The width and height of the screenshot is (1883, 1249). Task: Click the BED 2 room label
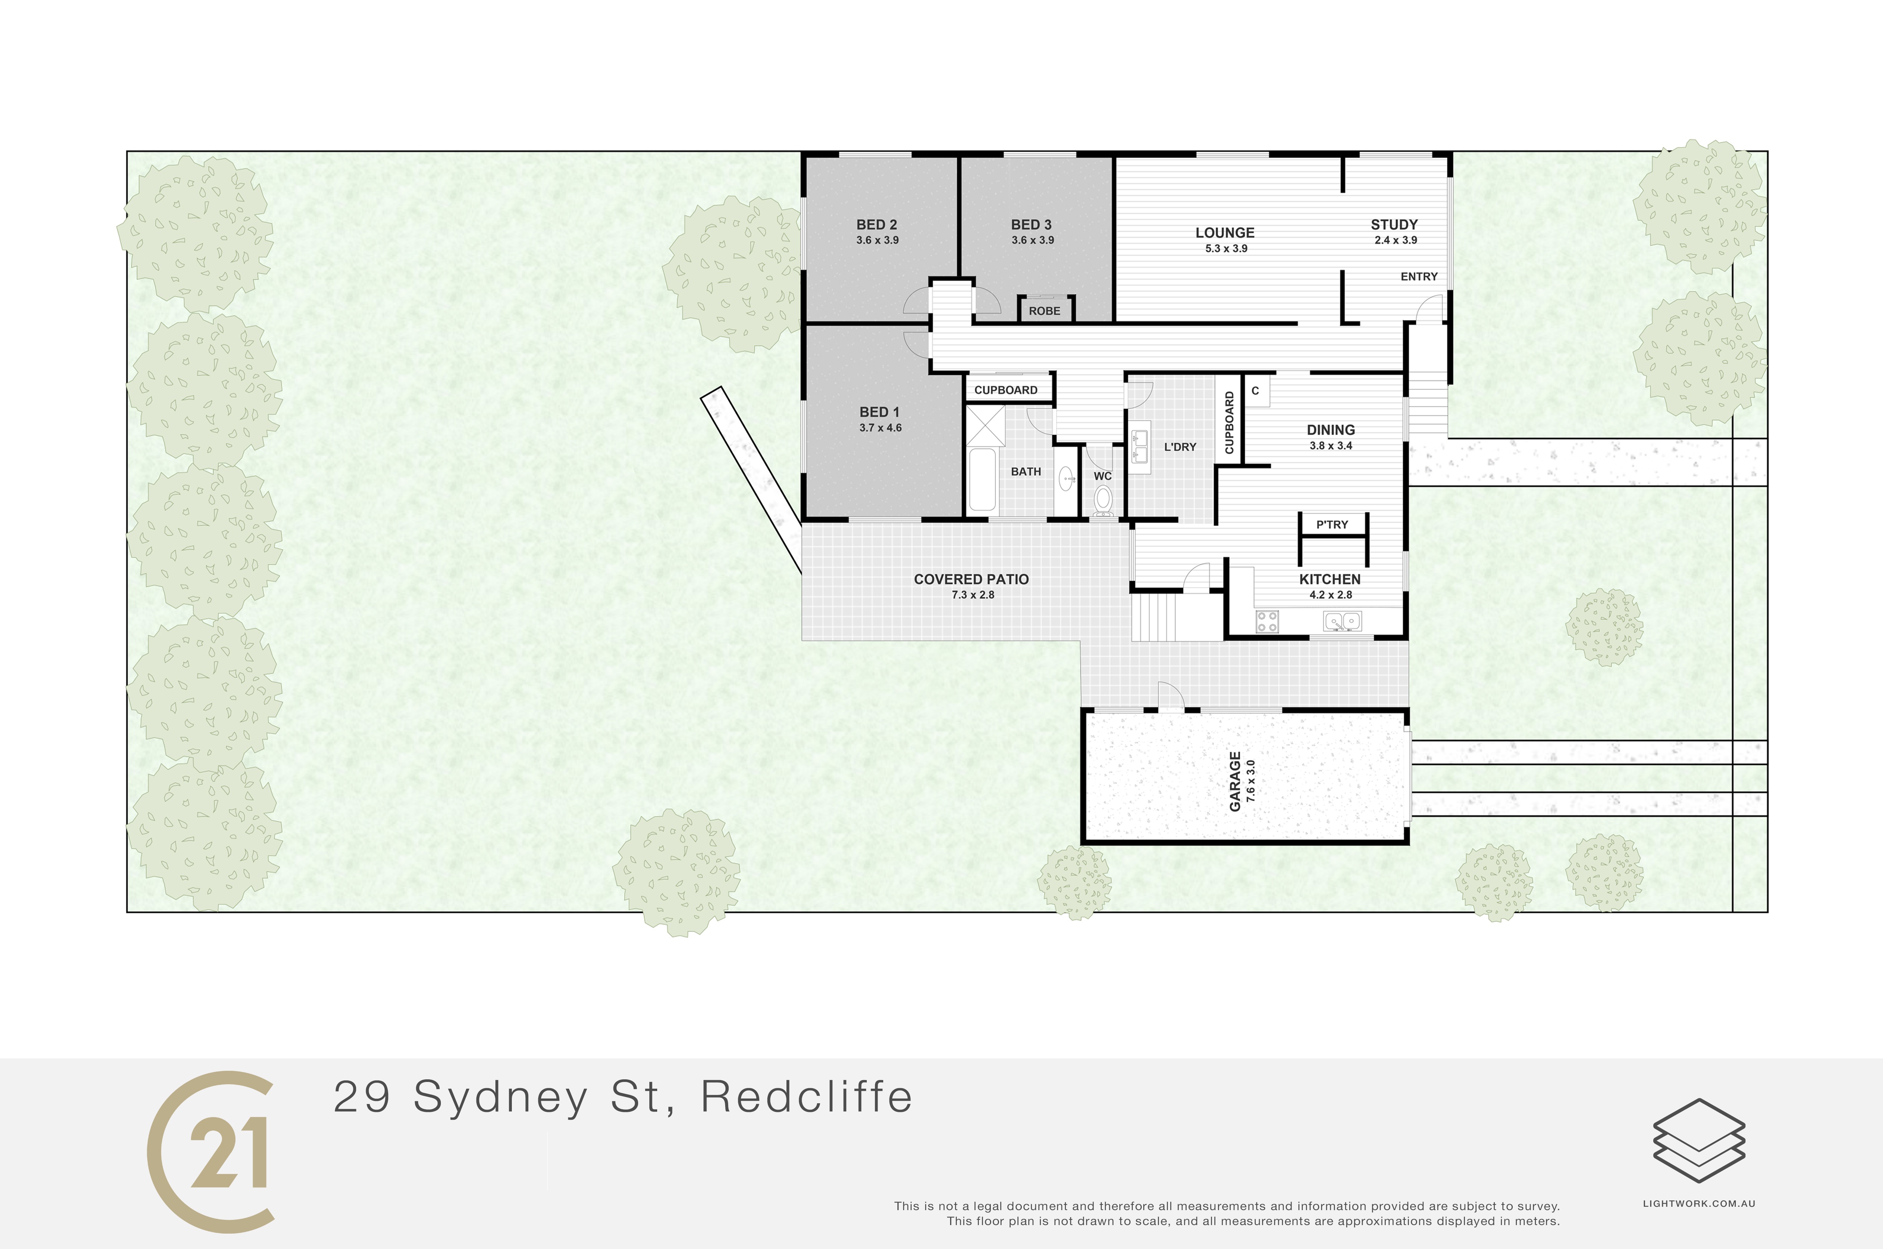coord(876,225)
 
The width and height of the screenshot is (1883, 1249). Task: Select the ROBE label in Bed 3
coord(1045,311)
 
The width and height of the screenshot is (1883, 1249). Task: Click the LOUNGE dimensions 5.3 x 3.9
coord(1226,249)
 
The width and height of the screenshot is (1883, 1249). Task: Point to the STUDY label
coord(1394,225)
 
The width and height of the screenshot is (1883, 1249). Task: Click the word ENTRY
coord(1419,277)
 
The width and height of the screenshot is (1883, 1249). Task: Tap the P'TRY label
coord(1332,524)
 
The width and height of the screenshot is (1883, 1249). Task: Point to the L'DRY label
coord(1180,447)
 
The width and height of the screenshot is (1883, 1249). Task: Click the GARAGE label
coord(1235,781)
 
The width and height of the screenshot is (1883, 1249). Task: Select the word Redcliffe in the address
coord(807,1097)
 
